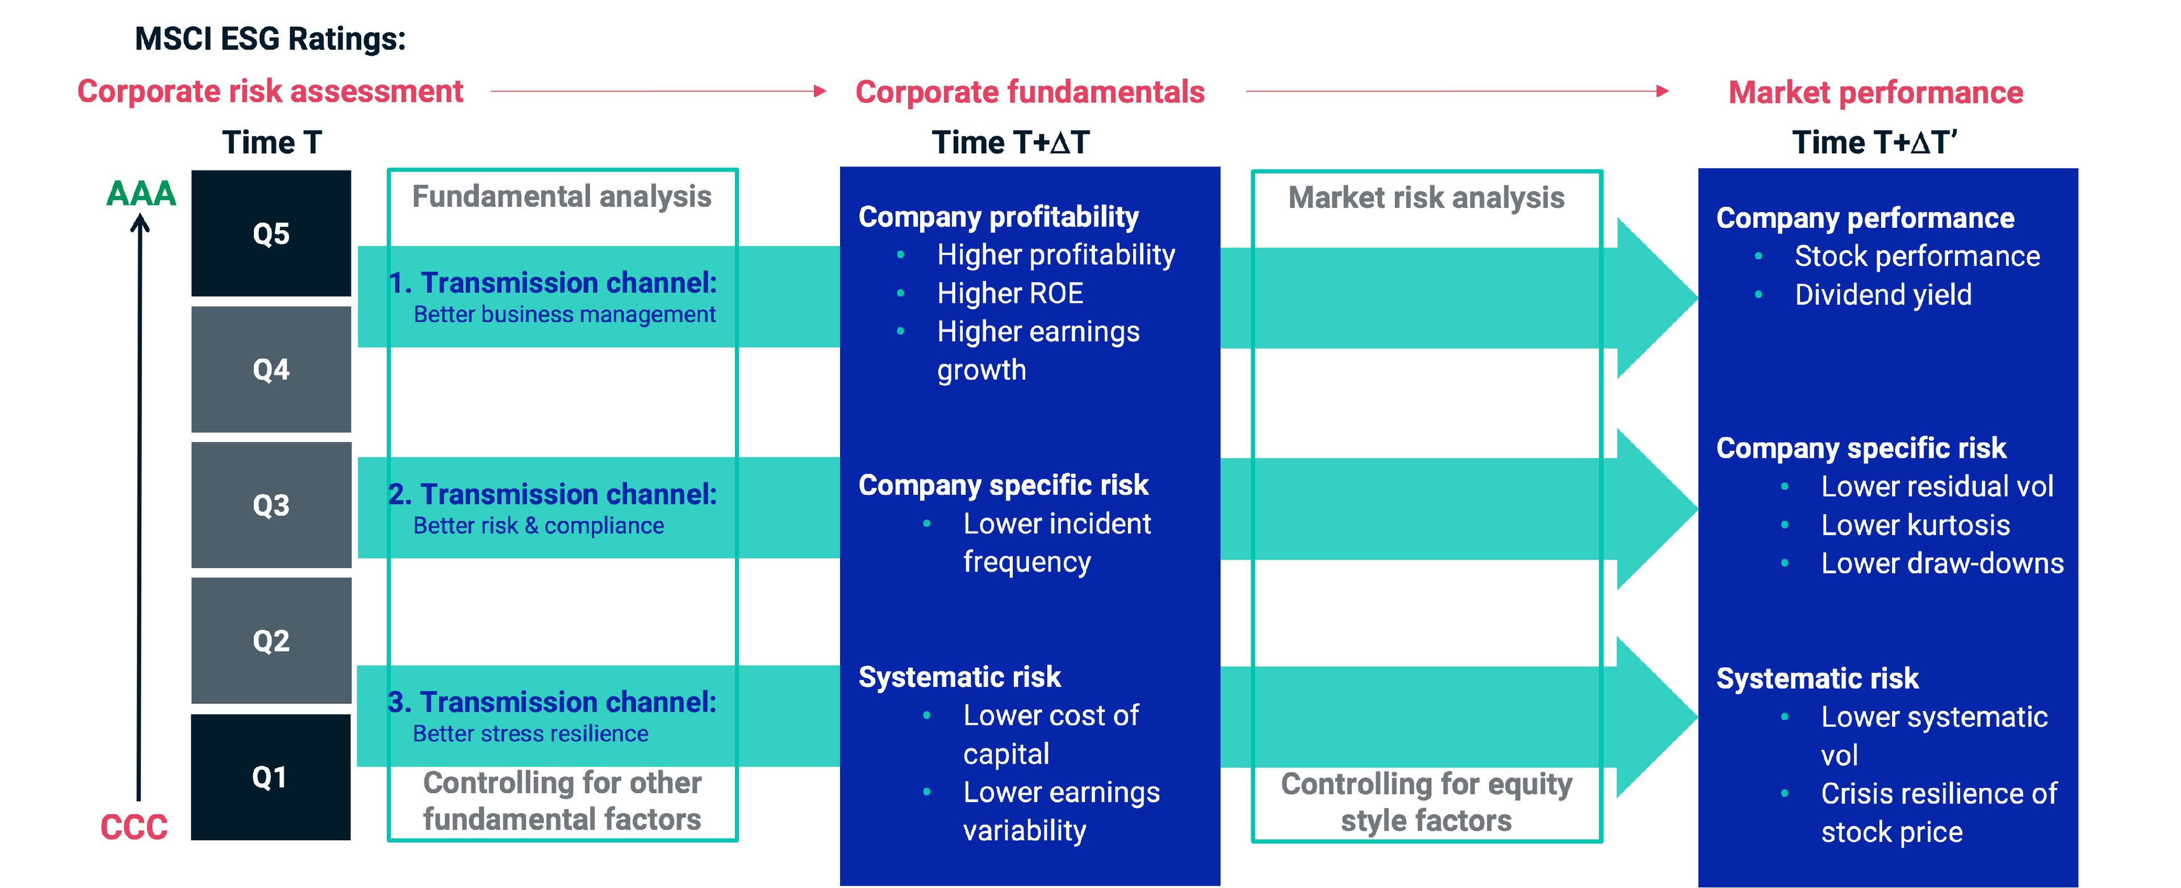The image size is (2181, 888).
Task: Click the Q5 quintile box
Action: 271,234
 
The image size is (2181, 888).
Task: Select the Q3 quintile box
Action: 271,506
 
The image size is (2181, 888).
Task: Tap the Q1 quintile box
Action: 271,777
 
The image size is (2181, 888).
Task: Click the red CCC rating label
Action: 134,827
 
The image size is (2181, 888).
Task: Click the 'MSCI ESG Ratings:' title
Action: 270,39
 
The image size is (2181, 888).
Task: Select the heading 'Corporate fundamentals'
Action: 1030,92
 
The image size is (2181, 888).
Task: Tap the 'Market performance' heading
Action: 1875,92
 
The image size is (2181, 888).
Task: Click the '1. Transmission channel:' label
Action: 552,283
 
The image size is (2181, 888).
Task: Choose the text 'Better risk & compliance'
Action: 538,526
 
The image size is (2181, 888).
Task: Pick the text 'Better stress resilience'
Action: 531,734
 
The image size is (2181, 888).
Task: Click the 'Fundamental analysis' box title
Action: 561,197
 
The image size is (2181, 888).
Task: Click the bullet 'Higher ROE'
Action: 1010,294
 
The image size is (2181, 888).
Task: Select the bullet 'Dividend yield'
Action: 1883,295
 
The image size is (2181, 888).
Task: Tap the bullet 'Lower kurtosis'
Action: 1915,526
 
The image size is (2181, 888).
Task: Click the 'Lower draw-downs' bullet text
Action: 1942,564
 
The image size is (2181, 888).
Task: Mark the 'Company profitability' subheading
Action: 998,216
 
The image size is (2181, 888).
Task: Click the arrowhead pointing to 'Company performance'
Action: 1655,298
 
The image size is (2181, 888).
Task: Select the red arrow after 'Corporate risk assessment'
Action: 658,90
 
